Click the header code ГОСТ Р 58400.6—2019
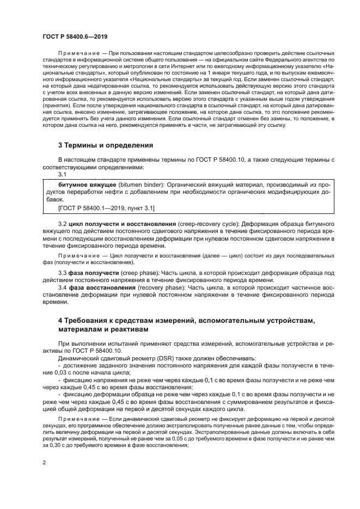coord(75,36)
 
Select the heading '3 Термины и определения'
coord(105,145)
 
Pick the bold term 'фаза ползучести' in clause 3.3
coord(94,272)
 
